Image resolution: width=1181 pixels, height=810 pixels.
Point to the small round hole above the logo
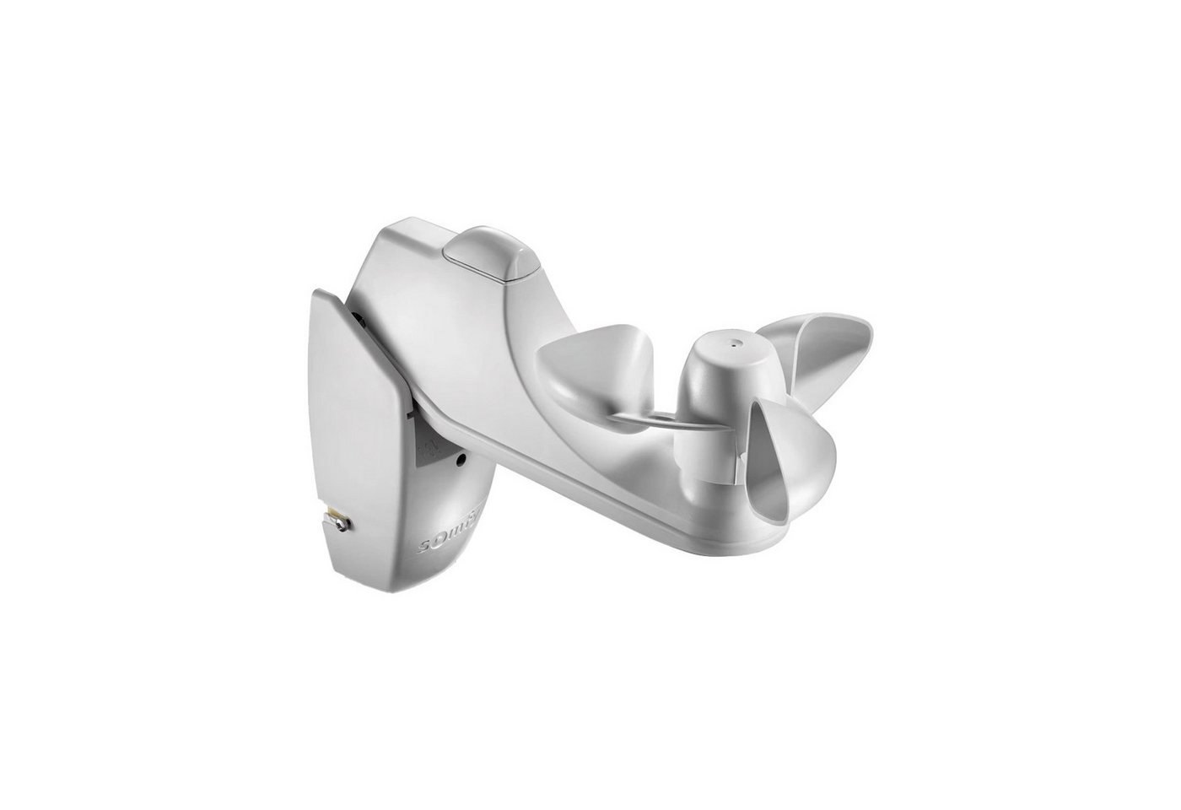click(459, 460)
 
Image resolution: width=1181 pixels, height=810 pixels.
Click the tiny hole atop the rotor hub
click(733, 344)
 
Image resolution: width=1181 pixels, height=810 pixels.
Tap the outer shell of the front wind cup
click(810, 472)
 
